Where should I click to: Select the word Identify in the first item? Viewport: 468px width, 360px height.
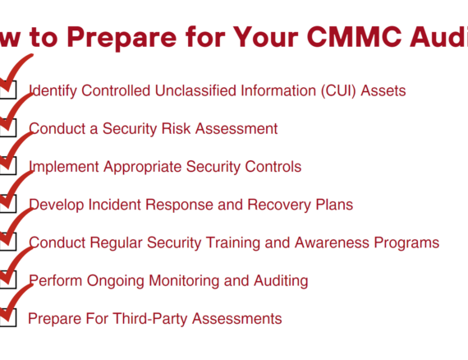(54, 90)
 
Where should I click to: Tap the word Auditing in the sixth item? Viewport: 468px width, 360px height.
(278, 280)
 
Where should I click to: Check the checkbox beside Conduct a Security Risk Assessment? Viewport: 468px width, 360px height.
(7, 127)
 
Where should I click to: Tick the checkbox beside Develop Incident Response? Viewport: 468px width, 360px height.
(7, 203)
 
